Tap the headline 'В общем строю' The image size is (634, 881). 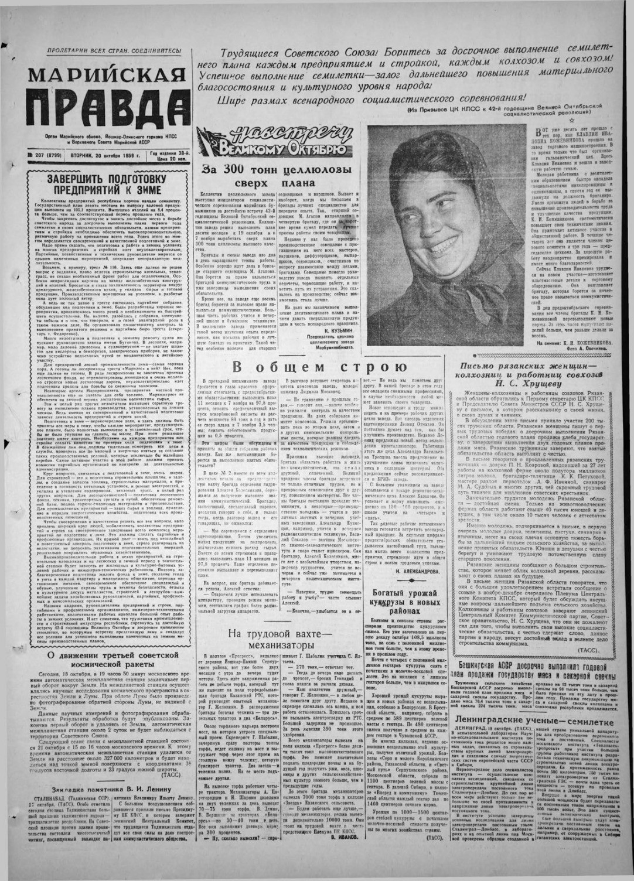pyautogui.click(x=319, y=368)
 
